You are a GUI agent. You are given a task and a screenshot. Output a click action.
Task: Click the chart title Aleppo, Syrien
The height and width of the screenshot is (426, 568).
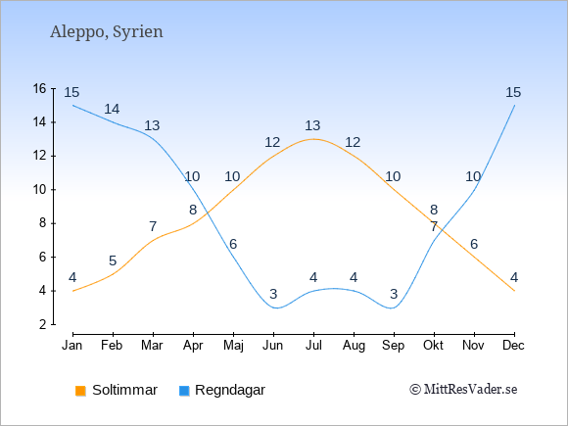click(107, 32)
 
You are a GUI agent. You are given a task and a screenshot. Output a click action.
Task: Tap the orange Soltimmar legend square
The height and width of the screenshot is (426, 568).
click(80, 391)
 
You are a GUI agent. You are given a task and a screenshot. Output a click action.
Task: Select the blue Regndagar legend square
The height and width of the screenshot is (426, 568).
click(184, 391)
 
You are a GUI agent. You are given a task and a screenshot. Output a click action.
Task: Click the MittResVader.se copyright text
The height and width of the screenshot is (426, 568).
click(463, 390)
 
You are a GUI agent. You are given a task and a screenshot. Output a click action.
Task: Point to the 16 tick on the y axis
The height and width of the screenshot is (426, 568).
click(40, 88)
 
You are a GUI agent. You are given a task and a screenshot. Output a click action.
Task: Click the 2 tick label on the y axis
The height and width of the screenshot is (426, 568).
click(43, 324)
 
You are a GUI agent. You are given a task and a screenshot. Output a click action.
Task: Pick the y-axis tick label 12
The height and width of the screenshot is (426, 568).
click(40, 156)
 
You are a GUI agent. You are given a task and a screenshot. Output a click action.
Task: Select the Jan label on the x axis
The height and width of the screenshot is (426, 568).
click(72, 346)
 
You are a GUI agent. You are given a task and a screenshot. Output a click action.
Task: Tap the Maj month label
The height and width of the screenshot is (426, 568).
click(233, 346)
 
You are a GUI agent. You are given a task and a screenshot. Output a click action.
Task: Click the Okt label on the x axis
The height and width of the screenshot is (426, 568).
click(433, 346)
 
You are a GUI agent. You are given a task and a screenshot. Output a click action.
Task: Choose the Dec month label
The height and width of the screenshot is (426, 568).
click(514, 346)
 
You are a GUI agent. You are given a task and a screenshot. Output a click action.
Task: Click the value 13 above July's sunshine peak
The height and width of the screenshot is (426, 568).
click(312, 125)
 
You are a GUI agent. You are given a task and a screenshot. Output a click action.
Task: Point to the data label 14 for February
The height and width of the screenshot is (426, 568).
click(112, 109)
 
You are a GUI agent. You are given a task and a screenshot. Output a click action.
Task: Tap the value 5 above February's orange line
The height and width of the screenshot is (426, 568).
click(113, 260)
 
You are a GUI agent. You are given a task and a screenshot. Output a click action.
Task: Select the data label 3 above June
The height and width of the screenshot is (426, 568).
click(273, 294)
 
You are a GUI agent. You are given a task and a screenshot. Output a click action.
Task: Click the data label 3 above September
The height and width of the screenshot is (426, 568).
click(394, 294)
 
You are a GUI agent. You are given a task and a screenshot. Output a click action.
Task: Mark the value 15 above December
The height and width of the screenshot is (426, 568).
click(513, 92)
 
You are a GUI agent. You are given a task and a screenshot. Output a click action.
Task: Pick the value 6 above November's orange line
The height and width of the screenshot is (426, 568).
click(474, 244)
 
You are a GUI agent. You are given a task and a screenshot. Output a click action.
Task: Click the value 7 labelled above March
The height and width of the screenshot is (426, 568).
click(153, 227)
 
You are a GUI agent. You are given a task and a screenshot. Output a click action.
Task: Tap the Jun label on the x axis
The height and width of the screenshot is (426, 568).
click(273, 346)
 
